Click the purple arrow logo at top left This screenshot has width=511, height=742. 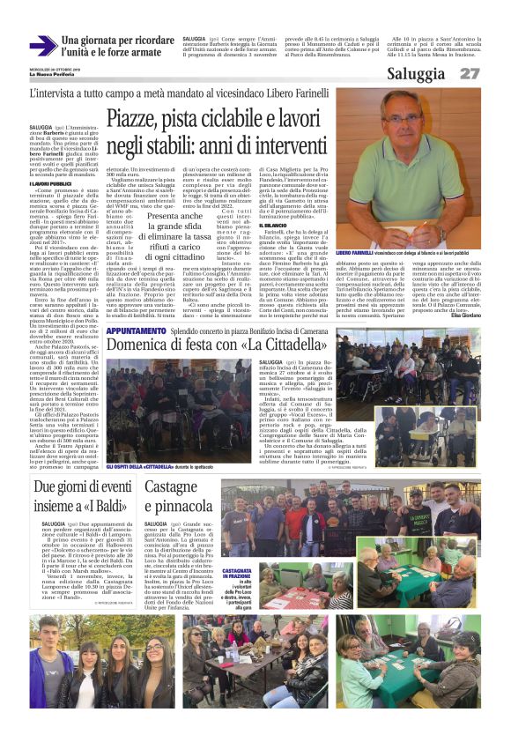[43, 45]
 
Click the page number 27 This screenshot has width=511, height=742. [470, 74]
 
